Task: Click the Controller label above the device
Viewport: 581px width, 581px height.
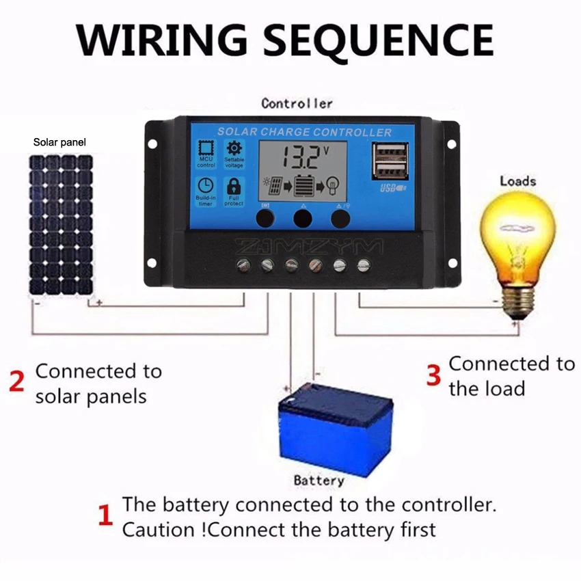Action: click(x=297, y=104)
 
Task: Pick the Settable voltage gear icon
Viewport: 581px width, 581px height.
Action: click(x=234, y=148)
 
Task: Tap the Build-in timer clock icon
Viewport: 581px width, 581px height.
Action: click(x=206, y=185)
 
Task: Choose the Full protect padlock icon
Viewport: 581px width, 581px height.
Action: click(x=234, y=185)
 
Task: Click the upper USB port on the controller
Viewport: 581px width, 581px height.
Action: click(x=390, y=152)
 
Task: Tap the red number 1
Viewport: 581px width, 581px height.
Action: click(x=105, y=515)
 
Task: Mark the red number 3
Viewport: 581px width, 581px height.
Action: click(x=433, y=375)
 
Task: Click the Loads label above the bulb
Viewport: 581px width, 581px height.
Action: click(x=517, y=181)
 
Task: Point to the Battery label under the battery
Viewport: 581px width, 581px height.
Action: click(x=319, y=481)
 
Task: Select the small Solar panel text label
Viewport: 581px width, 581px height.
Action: click(x=60, y=143)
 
